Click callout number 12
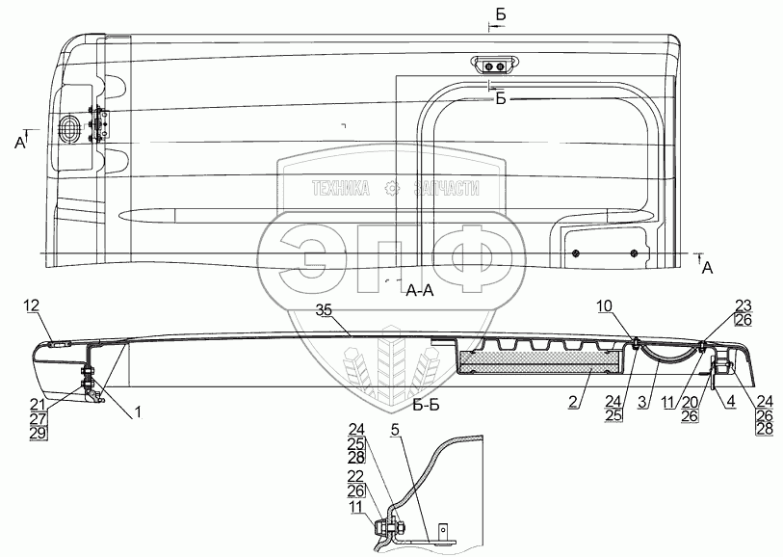point(31,305)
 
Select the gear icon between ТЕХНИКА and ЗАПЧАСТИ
point(391,189)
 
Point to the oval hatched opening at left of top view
point(70,128)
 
